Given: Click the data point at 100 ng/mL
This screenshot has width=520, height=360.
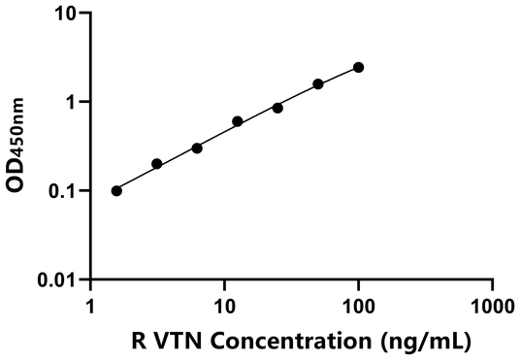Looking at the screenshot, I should click(x=359, y=67).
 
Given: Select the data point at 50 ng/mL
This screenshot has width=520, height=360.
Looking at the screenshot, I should click(x=318, y=84).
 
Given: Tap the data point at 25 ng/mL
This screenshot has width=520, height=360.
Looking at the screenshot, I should click(x=277, y=108).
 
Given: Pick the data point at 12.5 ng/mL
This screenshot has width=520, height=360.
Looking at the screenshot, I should click(x=238, y=121).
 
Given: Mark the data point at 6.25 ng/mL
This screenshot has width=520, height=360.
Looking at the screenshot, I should click(x=197, y=147).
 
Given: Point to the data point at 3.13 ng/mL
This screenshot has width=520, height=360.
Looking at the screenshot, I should click(x=157, y=164).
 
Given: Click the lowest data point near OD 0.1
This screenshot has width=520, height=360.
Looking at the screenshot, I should click(x=116, y=190).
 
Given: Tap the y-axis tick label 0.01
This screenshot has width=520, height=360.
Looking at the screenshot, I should click(x=60, y=280).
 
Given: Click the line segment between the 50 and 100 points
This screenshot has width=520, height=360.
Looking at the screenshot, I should click(x=339, y=76).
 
